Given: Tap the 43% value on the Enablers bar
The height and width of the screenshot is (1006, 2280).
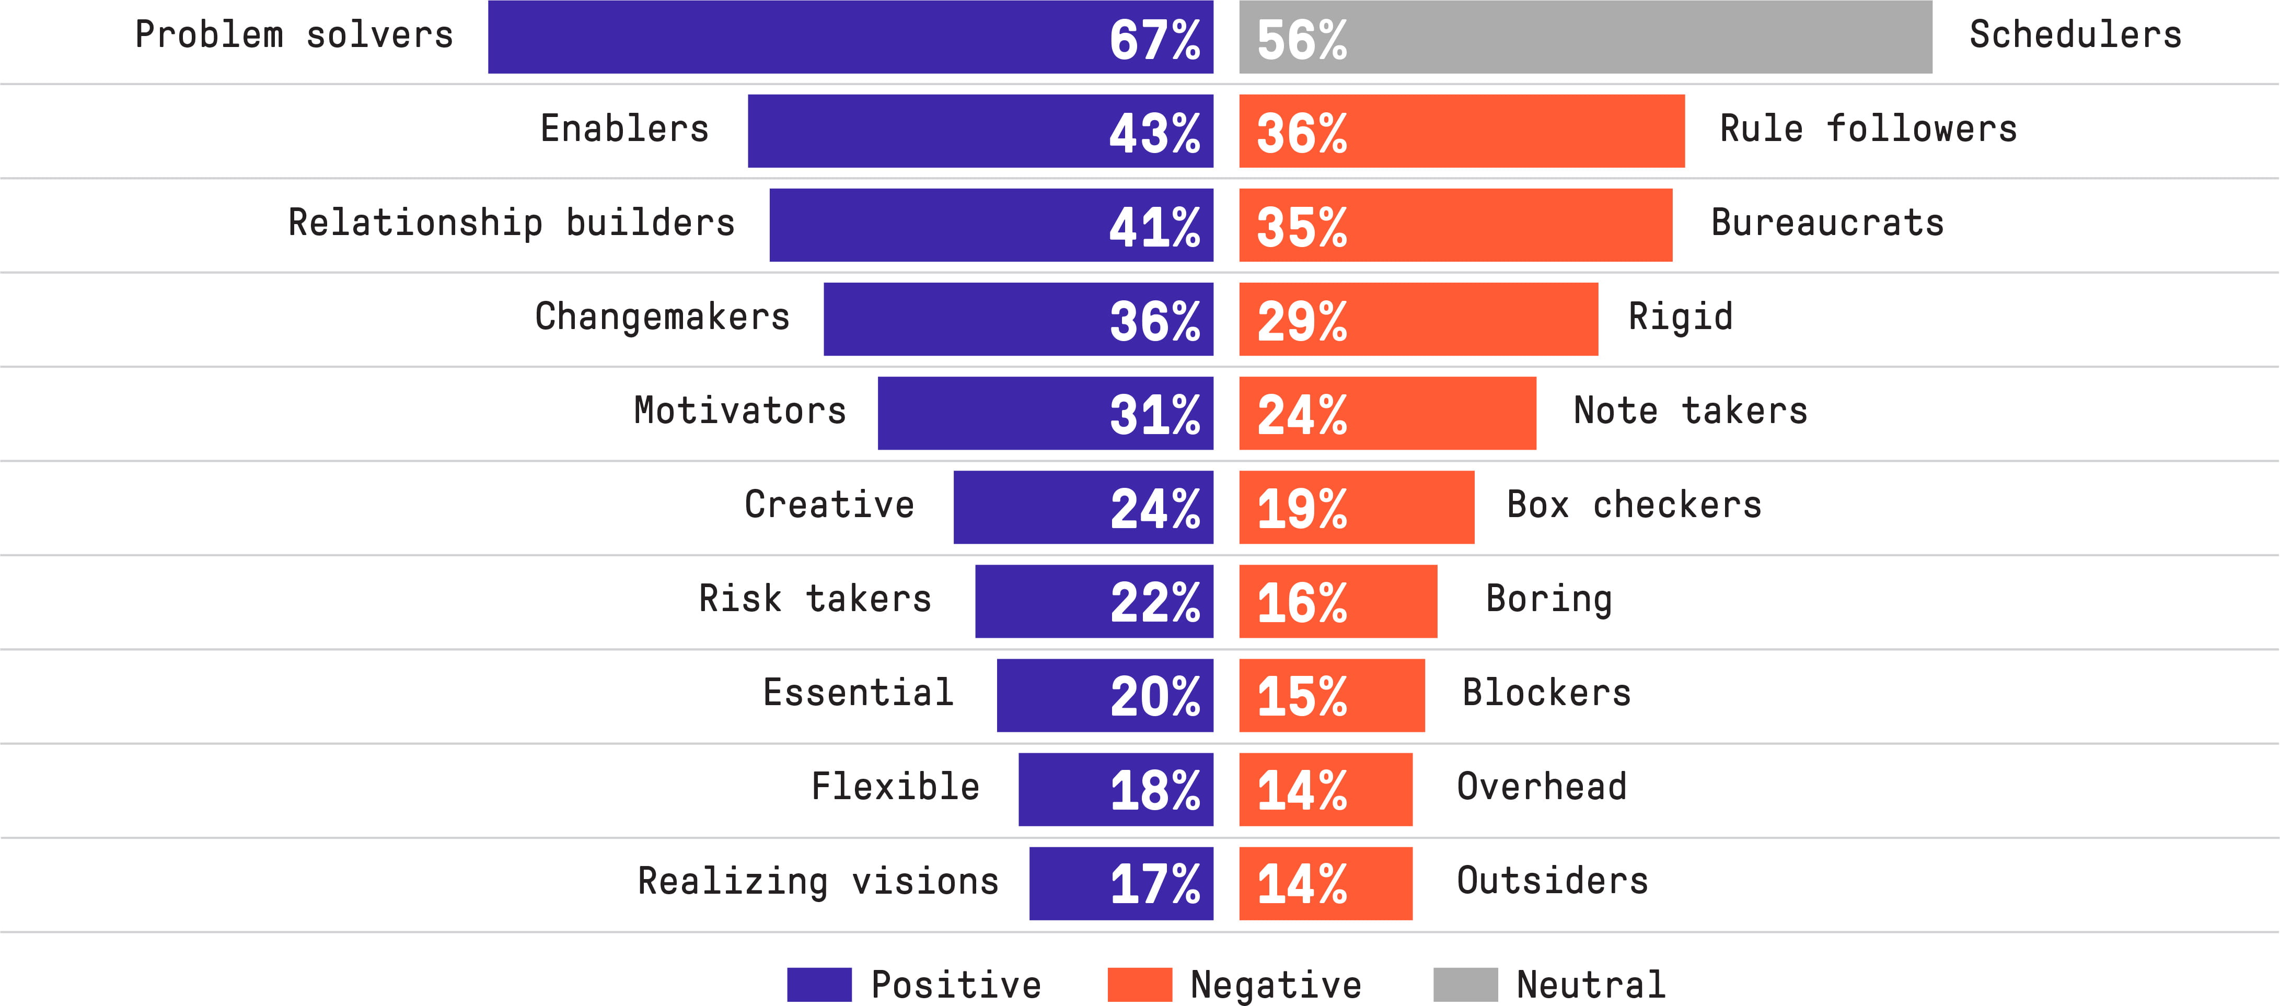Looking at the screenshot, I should click(x=1154, y=133).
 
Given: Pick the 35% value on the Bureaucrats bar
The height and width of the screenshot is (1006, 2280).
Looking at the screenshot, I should click(x=1301, y=227).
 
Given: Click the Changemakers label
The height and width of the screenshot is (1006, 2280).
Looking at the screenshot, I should click(x=662, y=317).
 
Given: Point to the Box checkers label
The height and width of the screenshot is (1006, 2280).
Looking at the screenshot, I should click(x=1634, y=505).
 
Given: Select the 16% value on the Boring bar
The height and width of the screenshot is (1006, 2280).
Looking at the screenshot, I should click(x=1301, y=603).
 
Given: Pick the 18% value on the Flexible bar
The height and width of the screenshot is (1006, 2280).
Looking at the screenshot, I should click(x=1154, y=790).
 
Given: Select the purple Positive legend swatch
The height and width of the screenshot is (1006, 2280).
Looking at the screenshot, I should click(x=819, y=984).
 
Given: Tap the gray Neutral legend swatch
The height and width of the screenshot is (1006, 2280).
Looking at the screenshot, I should click(x=1465, y=984).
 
